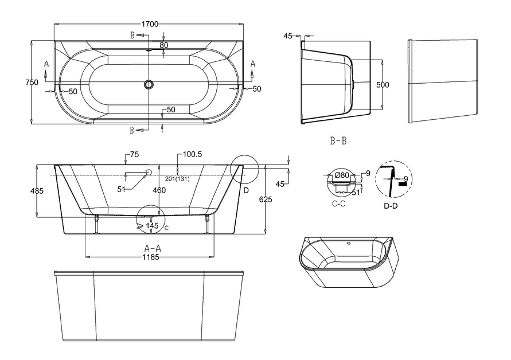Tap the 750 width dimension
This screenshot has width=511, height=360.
point(32,83)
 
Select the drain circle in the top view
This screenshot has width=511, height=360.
point(149,85)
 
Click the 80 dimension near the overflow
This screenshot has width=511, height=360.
point(164,45)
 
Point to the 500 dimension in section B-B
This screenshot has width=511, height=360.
point(383,85)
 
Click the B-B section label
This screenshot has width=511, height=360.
point(338,140)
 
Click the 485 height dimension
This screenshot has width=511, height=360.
point(36,191)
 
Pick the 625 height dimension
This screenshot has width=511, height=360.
point(265,199)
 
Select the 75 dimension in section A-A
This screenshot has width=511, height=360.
point(135,155)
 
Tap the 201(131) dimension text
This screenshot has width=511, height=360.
point(177,178)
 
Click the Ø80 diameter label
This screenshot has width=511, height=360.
point(342,175)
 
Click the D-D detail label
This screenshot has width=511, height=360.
point(391,205)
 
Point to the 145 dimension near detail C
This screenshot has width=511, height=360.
point(152,226)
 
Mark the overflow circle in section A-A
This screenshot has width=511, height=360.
point(149,172)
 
